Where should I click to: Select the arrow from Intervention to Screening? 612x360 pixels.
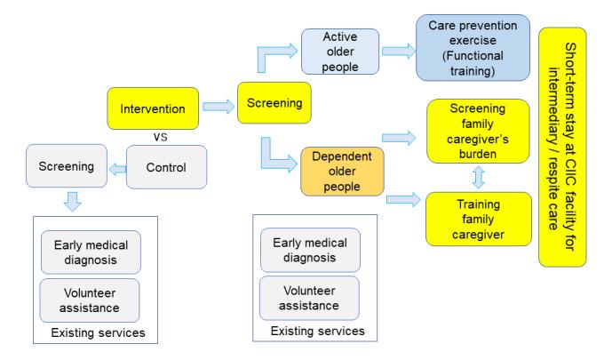tap(216, 107)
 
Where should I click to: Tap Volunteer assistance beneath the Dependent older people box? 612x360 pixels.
tap(308, 298)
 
